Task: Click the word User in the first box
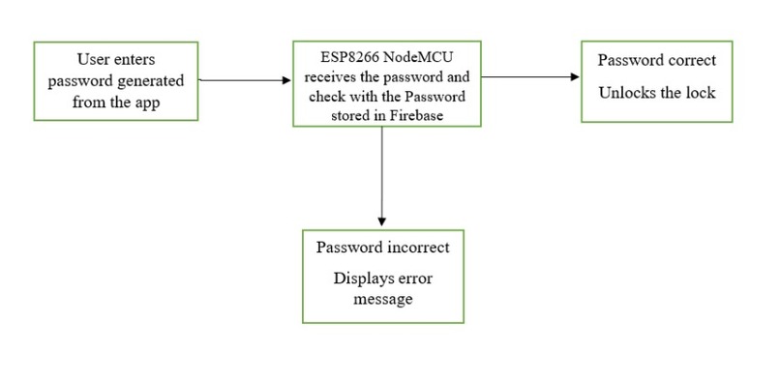point(92,61)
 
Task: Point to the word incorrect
point(415,247)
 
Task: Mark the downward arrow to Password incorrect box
point(382,174)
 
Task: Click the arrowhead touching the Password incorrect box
point(382,222)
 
